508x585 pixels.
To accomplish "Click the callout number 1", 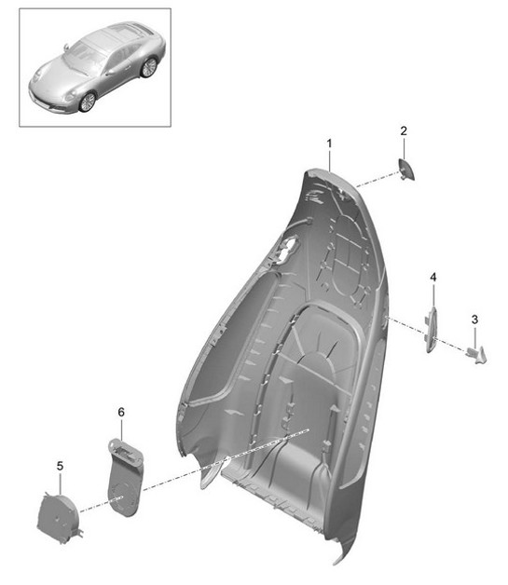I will point(329,143).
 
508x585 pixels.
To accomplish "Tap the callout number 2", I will point(404,131).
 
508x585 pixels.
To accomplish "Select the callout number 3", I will point(474,320).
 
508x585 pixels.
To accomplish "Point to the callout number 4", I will point(432,278).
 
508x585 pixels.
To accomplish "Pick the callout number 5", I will point(60,465).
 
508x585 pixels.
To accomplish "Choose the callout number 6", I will point(120,411).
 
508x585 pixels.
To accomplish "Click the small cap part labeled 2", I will point(407,170).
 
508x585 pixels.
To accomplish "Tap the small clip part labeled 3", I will point(477,352).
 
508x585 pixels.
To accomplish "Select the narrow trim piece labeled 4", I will point(432,330).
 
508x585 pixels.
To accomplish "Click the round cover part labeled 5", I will point(58,516).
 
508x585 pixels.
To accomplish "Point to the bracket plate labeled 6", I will point(124,478).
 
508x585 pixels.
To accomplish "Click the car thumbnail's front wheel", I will point(87,102).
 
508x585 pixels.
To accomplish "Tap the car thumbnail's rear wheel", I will point(148,67).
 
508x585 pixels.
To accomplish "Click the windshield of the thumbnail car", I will point(85,59).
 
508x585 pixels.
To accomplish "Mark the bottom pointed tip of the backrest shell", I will point(338,560).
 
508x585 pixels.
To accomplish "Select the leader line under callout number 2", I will point(404,147).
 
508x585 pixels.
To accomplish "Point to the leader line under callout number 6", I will point(120,429).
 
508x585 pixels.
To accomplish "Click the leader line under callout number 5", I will point(60,483).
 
